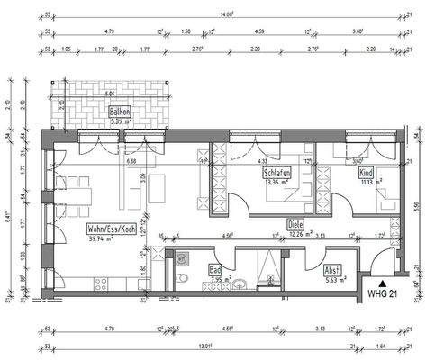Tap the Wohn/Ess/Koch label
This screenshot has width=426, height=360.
113,229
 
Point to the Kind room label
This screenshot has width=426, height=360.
365,171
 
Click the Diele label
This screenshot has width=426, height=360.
295,225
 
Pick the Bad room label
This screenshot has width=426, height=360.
215,268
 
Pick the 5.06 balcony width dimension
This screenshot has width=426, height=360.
109,93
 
